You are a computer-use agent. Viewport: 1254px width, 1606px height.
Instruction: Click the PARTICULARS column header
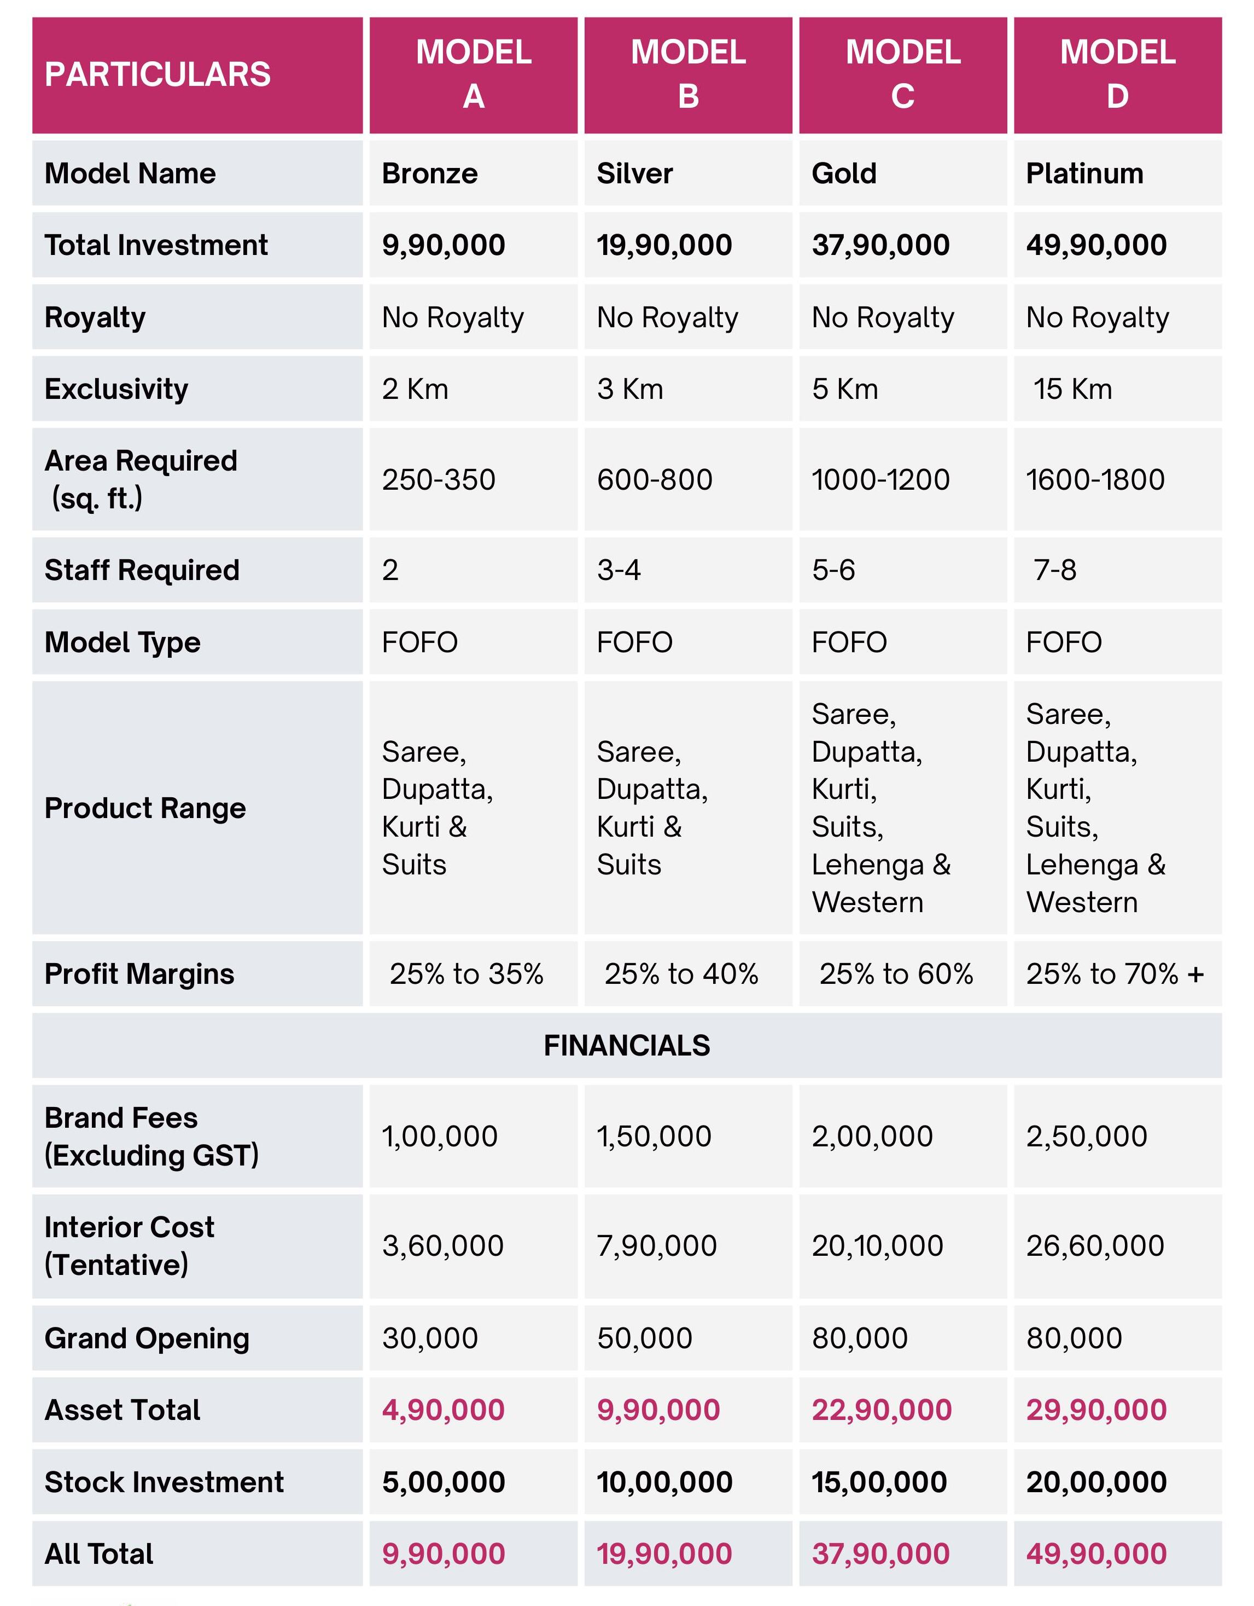158,74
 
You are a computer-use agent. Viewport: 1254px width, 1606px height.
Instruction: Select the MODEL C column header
903,74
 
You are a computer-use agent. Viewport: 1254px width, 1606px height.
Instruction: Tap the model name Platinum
1084,173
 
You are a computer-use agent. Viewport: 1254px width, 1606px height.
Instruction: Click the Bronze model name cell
430,173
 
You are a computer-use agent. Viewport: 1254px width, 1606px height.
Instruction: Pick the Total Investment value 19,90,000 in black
664,245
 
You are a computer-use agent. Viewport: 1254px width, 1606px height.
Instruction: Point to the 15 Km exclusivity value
1072,389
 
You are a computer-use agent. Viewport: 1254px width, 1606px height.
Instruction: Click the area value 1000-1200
880,479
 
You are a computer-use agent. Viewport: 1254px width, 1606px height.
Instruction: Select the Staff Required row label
142,570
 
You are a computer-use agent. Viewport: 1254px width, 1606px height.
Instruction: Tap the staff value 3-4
619,570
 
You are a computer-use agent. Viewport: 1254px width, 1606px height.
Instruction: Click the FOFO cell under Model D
1064,642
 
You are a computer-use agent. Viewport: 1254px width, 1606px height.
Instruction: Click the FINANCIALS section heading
626,1045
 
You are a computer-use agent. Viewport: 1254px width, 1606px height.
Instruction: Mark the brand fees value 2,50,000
1087,1136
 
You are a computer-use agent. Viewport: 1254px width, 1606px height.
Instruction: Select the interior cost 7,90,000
656,1246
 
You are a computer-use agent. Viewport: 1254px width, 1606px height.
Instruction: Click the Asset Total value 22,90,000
882,1410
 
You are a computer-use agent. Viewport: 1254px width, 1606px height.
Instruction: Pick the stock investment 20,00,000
1096,1482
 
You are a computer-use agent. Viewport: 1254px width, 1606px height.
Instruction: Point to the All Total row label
98,1554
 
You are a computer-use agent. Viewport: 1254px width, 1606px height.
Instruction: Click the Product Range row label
145,808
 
